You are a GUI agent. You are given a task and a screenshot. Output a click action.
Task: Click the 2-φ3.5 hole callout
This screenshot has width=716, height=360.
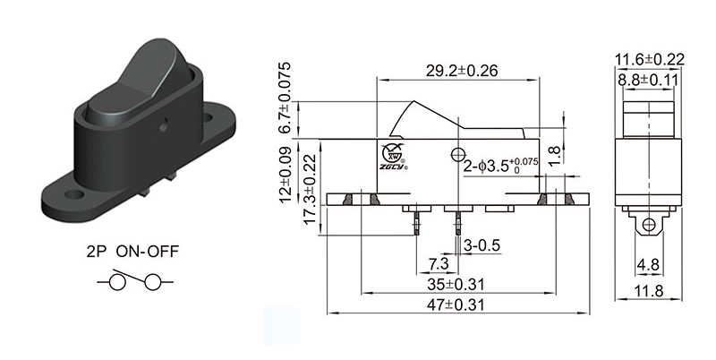click(504, 165)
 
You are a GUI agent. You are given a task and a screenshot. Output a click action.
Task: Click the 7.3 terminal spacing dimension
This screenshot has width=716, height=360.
click(439, 264)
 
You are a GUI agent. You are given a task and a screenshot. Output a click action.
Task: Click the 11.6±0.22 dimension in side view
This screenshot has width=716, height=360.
click(649, 60)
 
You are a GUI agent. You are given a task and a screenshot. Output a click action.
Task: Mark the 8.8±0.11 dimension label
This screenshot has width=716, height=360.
click(649, 80)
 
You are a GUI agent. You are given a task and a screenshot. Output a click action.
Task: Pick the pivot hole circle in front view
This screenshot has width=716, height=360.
click(460, 152)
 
